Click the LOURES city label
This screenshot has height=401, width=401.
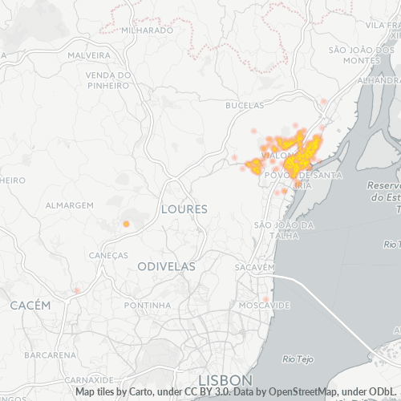(184, 209)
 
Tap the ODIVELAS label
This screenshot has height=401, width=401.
(168, 265)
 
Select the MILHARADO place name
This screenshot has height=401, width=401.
(147, 30)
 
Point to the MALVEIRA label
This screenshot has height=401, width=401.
(89, 55)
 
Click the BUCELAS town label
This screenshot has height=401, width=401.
(245, 105)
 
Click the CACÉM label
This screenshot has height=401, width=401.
(30, 306)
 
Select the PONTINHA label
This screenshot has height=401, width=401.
(148, 306)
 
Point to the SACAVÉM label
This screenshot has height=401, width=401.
(255, 266)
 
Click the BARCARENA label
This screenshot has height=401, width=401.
(50, 354)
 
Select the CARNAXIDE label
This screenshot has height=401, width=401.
(88, 379)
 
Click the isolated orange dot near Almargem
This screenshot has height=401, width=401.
(126, 224)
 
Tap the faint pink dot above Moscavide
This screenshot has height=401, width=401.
(265, 299)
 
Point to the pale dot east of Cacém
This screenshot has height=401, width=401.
(77, 290)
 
